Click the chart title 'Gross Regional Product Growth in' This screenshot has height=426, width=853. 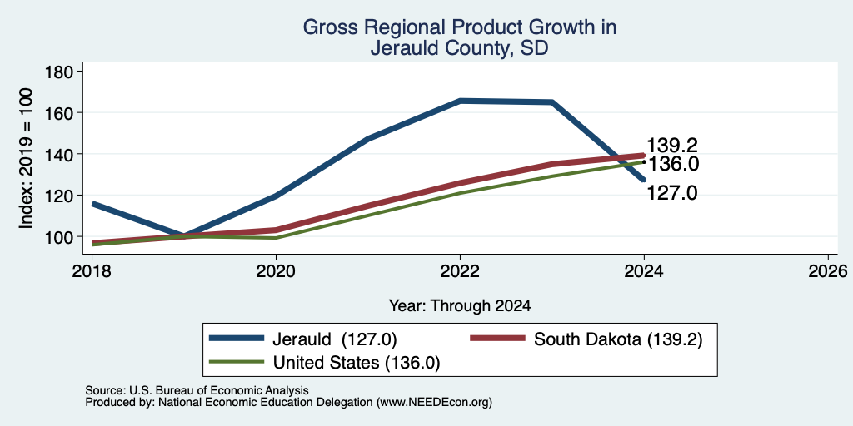click(x=460, y=27)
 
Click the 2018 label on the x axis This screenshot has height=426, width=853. click(x=92, y=270)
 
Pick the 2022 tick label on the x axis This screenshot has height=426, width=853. click(x=460, y=270)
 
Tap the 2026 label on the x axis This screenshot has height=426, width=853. click(x=828, y=270)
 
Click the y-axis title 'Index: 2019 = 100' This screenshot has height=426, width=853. click(x=26, y=158)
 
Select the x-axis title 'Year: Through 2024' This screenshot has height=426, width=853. click(x=460, y=306)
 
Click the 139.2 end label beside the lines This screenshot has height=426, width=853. click(x=672, y=146)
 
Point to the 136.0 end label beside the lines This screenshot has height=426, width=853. click(x=672, y=164)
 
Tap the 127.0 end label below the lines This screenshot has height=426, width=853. click(x=672, y=193)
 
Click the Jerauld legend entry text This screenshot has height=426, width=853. click(x=335, y=339)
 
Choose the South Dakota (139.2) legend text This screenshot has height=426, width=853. click(x=619, y=339)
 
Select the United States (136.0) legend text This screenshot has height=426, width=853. click(x=356, y=363)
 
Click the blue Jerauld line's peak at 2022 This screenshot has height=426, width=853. click(x=460, y=101)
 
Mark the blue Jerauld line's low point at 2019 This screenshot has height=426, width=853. click(x=184, y=236)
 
